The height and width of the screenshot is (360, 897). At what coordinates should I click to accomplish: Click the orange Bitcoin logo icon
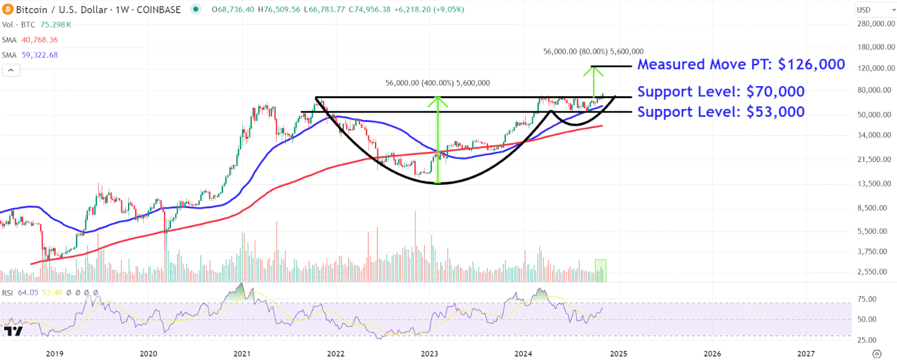pos(7,10)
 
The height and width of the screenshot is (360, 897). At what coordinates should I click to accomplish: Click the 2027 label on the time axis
pos(806,353)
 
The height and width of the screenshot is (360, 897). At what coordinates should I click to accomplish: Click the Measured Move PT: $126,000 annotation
pos(742,65)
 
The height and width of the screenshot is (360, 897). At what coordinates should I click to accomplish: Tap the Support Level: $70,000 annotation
pos(721,91)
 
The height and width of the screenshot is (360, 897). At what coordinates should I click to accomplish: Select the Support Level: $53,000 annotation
pos(721,111)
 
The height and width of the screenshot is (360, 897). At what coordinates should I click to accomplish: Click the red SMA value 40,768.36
pos(40,40)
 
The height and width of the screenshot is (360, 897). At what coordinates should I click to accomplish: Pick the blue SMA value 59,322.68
pos(40,55)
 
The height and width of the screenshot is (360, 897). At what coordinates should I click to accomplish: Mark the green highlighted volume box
pos(600,270)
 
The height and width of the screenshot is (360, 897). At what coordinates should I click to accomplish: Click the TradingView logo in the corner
pos(13,331)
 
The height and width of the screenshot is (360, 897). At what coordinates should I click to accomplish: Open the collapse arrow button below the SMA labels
pos(11,71)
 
